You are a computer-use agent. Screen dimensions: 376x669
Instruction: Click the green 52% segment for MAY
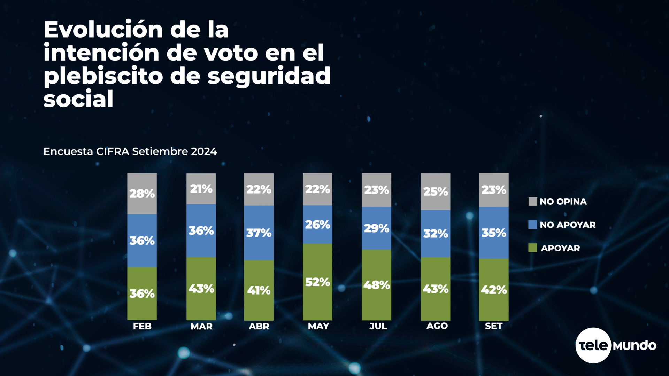[x=317, y=282]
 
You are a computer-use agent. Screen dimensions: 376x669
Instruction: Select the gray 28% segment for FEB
[x=142, y=194]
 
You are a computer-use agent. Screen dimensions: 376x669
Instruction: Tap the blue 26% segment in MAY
[x=317, y=225]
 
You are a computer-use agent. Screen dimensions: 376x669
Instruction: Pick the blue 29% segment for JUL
[x=376, y=228]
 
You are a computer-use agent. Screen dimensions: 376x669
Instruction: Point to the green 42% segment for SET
[x=494, y=290]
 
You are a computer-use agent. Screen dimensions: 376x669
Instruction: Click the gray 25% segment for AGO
[x=436, y=191]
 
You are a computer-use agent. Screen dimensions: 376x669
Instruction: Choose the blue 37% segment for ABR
[x=259, y=233]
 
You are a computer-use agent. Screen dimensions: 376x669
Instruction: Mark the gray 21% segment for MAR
[x=201, y=189]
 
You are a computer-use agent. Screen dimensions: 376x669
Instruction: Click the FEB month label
[x=142, y=326]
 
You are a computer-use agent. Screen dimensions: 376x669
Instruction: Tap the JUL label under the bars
[x=378, y=326]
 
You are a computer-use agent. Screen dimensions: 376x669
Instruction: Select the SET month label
[x=494, y=326]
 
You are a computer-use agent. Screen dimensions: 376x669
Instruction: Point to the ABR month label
[x=259, y=326]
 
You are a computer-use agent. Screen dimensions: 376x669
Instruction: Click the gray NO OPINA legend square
[x=533, y=202]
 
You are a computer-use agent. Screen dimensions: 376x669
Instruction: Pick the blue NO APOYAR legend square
[x=533, y=225]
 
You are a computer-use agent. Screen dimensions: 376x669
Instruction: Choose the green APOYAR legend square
[x=533, y=248]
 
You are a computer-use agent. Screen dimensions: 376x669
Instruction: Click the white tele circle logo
[x=593, y=345]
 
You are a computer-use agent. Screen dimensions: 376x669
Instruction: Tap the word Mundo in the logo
[x=635, y=346]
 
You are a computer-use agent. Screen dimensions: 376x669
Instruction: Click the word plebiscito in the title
[x=103, y=76]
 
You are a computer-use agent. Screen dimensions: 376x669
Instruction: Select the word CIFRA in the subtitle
[x=113, y=151]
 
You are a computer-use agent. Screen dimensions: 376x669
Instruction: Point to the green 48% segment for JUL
[x=376, y=285]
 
